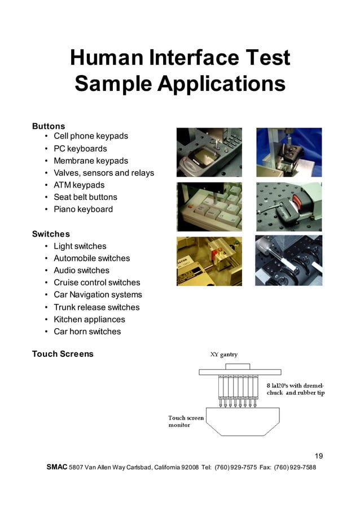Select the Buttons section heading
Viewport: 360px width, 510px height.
tap(49, 126)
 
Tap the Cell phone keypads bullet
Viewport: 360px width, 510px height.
tap(91, 136)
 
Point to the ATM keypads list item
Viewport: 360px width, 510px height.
tap(79, 185)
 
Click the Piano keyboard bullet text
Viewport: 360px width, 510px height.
tap(83, 209)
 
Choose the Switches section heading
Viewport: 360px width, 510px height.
tap(51, 234)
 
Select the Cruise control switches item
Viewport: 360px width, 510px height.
tap(96, 282)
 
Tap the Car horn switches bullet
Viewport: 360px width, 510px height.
tap(87, 332)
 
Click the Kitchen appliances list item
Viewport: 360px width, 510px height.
tap(89, 319)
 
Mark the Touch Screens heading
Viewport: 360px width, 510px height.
tap(63, 354)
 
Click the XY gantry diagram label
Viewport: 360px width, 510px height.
tap(224, 355)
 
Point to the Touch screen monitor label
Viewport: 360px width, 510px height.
tap(186, 421)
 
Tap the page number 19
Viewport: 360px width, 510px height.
tap(319, 456)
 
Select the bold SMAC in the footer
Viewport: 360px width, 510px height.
tap(56, 468)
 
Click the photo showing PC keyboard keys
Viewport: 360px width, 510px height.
tap(209, 207)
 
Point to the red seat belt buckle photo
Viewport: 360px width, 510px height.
tap(289, 207)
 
